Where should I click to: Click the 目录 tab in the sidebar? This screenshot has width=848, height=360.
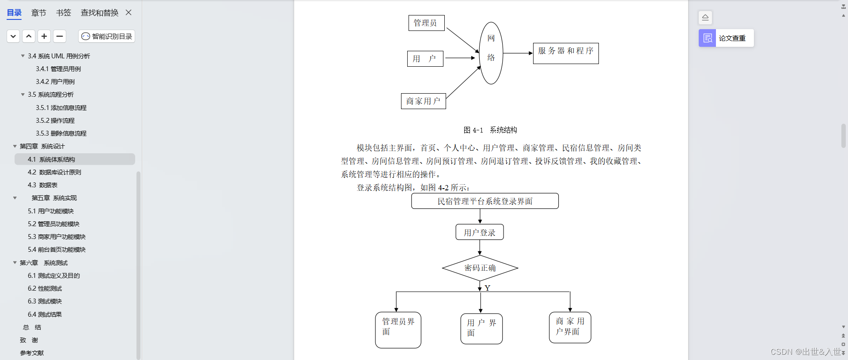coord(14,13)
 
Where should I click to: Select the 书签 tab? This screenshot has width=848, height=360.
coord(63,13)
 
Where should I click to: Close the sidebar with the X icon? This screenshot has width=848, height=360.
coord(129,12)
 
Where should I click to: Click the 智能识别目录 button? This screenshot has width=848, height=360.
coord(107,36)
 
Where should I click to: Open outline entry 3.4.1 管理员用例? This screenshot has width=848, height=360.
coord(58,69)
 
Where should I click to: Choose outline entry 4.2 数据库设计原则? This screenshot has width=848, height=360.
coord(54,172)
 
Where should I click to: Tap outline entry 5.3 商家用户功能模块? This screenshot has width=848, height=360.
coord(57,237)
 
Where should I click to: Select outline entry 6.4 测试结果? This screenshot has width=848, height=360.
coord(45,315)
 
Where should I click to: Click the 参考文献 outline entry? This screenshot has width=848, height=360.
coord(32,353)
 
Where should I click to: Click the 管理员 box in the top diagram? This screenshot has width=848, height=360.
coord(426,23)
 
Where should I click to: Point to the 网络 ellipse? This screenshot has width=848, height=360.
coord(491,53)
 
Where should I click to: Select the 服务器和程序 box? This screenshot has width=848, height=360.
coord(566,53)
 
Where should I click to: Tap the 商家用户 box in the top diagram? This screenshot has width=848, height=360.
coord(423,101)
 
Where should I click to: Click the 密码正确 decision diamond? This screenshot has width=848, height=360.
coord(480,268)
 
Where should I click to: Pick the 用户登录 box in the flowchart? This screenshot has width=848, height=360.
coord(480,232)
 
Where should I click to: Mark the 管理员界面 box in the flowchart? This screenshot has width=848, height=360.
coord(398,330)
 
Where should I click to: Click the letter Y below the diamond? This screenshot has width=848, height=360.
coord(488,288)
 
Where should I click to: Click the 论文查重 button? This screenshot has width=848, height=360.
coord(726,38)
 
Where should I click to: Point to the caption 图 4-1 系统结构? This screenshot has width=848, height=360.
coord(490,130)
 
